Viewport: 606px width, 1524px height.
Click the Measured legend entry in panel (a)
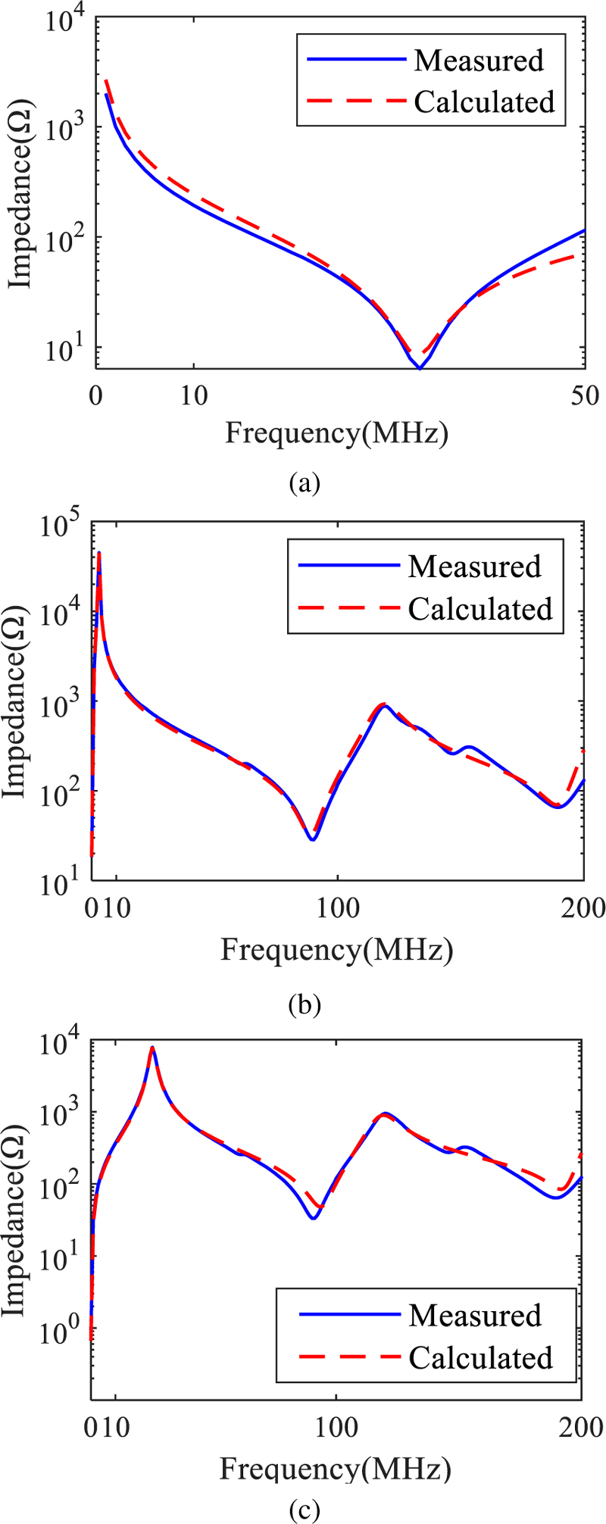[x=478, y=61]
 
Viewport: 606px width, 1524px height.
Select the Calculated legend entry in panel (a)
[x=484, y=101]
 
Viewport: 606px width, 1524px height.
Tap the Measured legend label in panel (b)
[x=474, y=566]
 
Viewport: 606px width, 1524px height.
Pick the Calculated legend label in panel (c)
[x=480, y=1357]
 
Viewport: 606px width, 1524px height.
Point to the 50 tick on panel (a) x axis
[x=585, y=395]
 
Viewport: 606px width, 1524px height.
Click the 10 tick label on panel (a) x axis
[x=194, y=395]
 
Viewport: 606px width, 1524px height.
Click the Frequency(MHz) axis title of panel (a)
[x=336, y=433]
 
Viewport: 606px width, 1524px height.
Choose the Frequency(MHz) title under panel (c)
[x=336, y=1469]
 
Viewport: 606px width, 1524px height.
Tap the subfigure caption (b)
[x=305, y=1005]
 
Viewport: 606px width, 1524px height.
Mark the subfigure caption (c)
[x=305, y=1510]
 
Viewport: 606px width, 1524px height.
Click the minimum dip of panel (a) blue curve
[x=419, y=368]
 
